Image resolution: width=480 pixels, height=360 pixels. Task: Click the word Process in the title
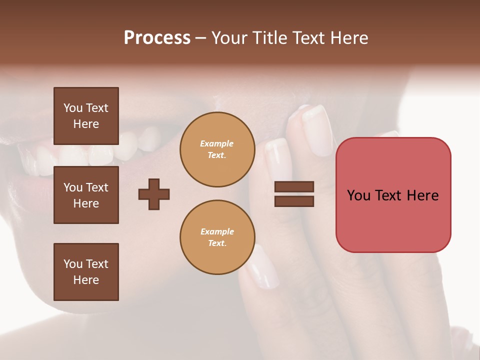157,38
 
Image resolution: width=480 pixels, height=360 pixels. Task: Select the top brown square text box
86,116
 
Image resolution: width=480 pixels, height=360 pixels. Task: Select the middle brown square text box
86,195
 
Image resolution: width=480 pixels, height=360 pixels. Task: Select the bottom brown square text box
86,272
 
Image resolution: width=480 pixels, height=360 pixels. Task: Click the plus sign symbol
154,194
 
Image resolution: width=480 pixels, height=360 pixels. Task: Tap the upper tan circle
217,149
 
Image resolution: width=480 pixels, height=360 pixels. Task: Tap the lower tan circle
217,237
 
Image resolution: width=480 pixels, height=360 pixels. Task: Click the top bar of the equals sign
294,186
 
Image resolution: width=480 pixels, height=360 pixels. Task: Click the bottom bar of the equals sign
294,201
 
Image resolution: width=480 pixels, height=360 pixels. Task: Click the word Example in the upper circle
217,144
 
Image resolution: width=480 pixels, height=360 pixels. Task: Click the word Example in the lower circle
217,232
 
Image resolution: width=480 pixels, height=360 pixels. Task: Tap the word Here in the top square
86,124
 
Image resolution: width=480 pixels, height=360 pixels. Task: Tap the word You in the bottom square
73,264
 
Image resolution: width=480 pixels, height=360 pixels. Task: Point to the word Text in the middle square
97,187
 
